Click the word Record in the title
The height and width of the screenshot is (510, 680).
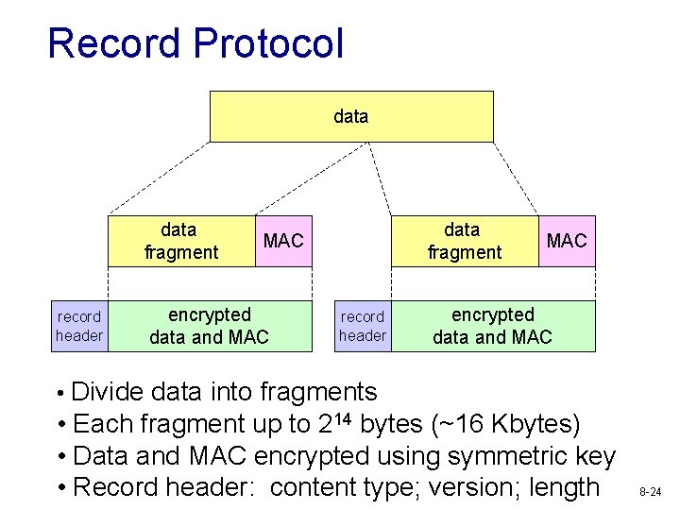(x=111, y=43)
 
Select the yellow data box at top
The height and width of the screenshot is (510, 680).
(x=350, y=116)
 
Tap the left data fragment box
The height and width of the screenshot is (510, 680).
(x=179, y=241)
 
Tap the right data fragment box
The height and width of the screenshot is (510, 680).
(x=464, y=241)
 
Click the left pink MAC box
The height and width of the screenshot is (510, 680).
(x=283, y=241)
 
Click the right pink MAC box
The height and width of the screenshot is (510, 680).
(x=567, y=241)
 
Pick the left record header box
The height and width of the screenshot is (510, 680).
(x=79, y=326)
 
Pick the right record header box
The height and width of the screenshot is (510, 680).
(x=363, y=326)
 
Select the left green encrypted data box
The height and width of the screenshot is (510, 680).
(x=209, y=326)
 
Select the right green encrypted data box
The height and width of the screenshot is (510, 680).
(x=492, y=326)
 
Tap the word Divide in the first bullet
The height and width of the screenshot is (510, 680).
(x=108, y=392)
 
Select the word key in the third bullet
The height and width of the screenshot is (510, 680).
(x=595, y=456)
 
